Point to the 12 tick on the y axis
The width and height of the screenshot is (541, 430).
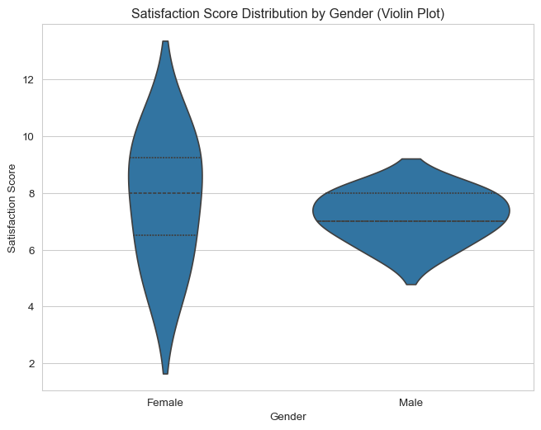28,80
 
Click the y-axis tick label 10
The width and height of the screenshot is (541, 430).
28,137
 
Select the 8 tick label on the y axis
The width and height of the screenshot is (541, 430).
31,194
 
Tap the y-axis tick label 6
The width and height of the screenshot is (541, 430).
31,250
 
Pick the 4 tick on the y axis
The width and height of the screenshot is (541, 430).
31,307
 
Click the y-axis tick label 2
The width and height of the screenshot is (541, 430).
31,364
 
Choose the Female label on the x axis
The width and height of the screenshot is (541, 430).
165,403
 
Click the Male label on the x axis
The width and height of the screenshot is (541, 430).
410,403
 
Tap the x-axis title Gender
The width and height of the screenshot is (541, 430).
288,417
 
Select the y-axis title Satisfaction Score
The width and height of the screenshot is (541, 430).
12,208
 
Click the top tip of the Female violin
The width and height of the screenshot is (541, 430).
166,41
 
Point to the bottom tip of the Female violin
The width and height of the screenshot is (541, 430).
166,374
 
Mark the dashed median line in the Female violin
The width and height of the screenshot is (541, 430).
165,193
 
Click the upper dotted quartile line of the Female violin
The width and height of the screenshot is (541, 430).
165,158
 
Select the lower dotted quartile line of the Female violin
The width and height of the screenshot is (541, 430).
164,235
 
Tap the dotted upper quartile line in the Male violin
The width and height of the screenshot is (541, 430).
411,193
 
